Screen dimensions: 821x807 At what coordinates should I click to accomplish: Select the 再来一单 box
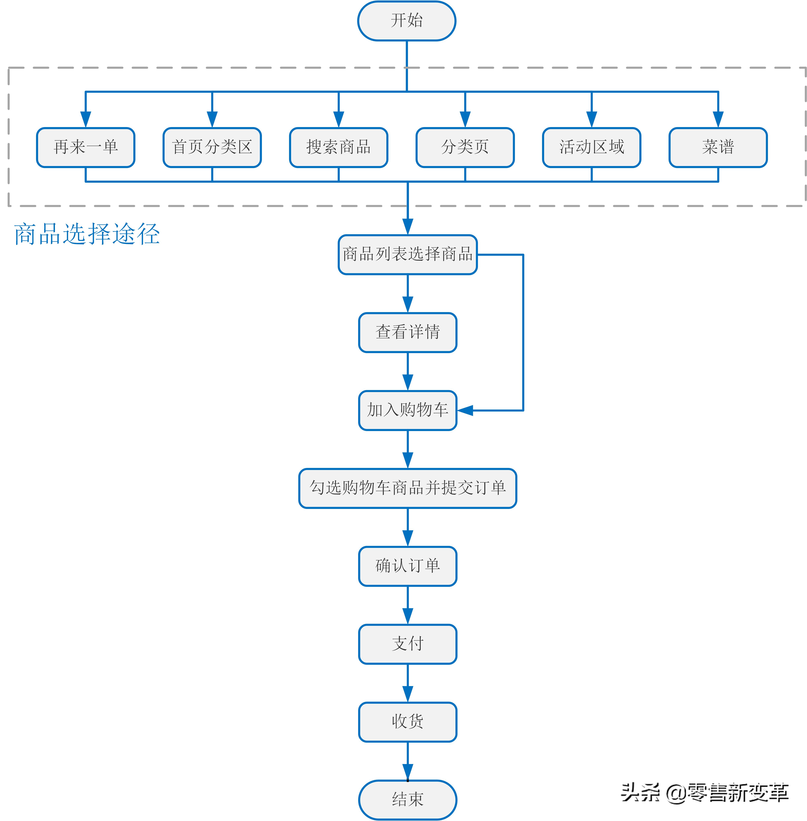(x=86, y=147)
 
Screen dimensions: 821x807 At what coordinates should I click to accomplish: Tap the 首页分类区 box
(x=212, y=147)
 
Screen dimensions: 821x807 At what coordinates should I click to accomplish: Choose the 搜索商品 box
(x=338, y=147)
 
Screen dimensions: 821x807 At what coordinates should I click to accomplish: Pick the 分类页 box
(x=465, y=147)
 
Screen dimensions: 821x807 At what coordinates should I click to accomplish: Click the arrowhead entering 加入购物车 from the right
(x=465, y=410)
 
